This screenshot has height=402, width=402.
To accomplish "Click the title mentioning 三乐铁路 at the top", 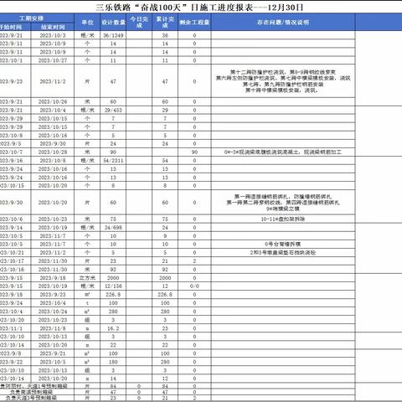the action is pyautogui.click(x=201, y=7).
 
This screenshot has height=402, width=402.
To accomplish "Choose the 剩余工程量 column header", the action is pyautogui.click(x=195, y=23).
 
